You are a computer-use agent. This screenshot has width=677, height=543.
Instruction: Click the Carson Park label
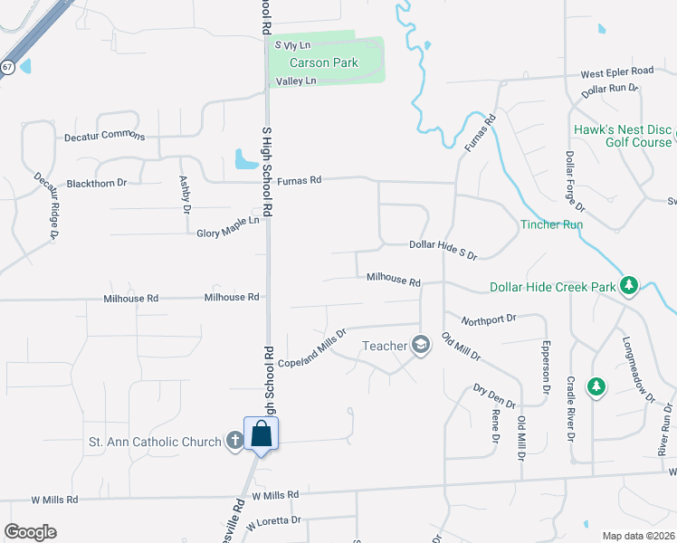click(323, 63)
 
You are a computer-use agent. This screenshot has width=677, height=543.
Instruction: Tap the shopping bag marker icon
click(261, 434)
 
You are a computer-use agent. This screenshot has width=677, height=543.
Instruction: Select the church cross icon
click(234, 442)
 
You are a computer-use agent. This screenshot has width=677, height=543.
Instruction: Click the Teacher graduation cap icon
click(420, 345)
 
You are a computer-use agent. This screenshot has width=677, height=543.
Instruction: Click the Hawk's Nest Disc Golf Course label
click(624, 136)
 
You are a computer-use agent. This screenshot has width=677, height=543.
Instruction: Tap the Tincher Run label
click(550, 224)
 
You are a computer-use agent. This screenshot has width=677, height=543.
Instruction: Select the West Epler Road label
click(616, 71)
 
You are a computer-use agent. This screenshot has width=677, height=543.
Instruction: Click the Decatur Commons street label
click(104, 138)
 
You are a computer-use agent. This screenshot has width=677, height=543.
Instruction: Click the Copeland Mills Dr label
click(312, 349)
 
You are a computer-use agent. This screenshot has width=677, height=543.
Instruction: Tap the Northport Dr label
click(487, 319)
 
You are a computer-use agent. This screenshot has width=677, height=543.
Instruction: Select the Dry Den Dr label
click(493, 396)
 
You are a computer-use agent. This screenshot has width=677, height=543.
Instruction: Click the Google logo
click(30, 531)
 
